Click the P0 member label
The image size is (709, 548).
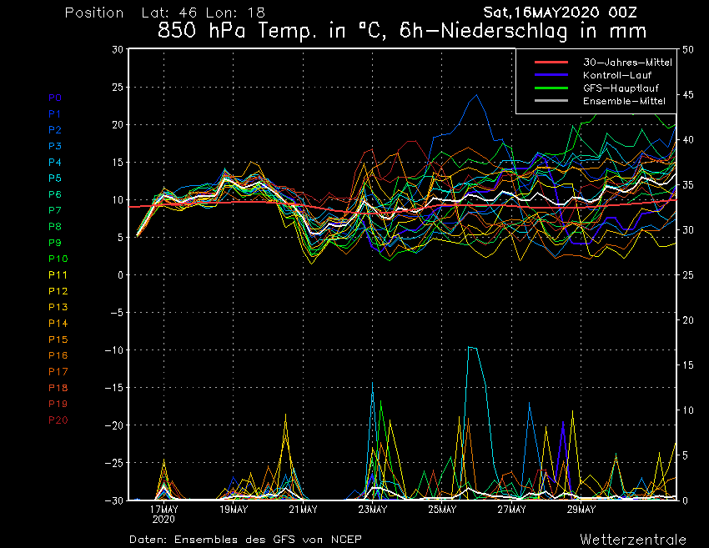click(55, 98)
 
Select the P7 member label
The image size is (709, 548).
click(55, 210)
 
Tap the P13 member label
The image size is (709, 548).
click(58, 307)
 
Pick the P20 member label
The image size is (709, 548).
click(58, 420)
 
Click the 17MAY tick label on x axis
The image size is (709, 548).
click(164, 509)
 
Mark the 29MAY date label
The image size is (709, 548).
click(581, 509)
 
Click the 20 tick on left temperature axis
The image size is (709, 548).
click(117, 125)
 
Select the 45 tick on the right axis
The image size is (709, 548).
click(688, 95)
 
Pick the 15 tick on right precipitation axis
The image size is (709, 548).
click(688, 365)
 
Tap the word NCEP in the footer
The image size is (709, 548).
click(344, 539)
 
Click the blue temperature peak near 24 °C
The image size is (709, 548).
click(477, 96)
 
